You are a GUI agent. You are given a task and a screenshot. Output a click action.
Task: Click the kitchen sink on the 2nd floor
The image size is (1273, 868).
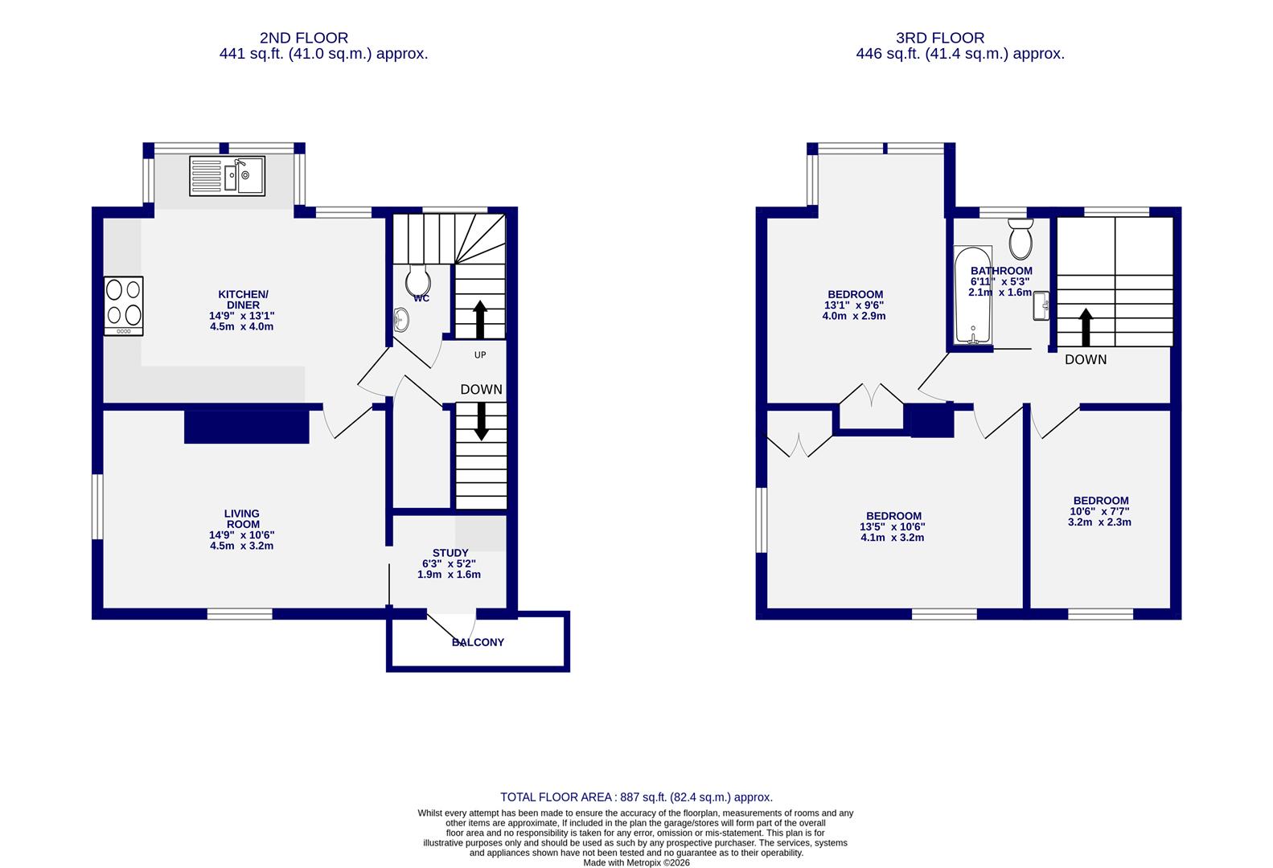[228, 176]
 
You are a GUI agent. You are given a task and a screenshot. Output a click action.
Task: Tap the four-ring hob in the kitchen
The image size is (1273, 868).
[123, 306]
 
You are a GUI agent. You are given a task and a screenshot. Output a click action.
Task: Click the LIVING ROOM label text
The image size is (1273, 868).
[241, 530]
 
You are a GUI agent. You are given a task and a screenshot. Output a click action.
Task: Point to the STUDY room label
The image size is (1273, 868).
[450, 563]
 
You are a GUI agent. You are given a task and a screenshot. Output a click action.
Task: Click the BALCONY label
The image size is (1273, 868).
[478, 642]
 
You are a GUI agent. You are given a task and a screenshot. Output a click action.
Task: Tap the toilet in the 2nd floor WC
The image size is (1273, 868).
[418, 280]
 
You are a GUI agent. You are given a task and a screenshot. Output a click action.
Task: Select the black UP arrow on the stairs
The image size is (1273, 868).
[480, 319]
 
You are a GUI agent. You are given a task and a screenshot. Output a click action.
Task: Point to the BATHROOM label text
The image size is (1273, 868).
[1000, 281]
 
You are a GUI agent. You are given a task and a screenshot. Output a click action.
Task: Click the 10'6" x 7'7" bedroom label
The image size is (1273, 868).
[1099, 511]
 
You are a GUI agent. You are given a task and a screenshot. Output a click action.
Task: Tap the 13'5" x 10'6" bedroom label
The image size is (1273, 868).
[893, 526]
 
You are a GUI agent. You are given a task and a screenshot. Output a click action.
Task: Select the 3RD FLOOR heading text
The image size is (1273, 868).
[939, 38]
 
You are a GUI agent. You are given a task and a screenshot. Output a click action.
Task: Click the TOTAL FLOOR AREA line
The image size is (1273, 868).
[636, 797]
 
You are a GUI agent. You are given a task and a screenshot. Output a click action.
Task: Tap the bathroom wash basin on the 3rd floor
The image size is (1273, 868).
[1041, 305]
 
